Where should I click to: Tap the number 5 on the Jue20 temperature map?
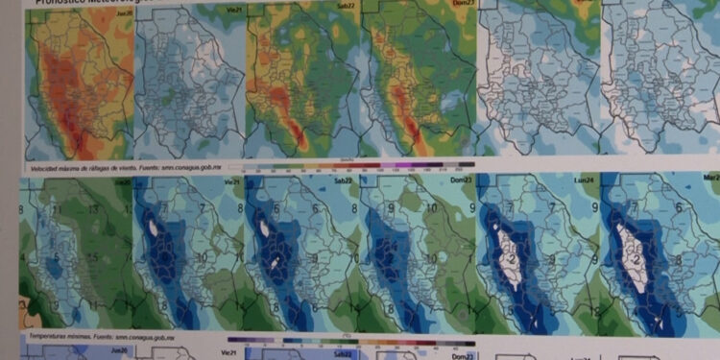point(58,257)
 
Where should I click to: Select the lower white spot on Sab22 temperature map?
point(276,260)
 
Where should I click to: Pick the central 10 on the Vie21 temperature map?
point(202,258)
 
